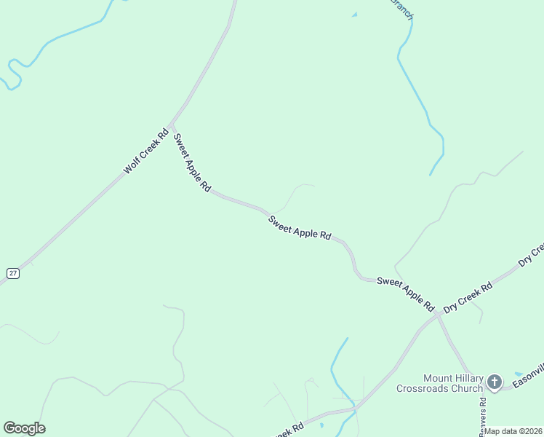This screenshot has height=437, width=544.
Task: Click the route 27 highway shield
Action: pyautogui.click(x=12, y=272)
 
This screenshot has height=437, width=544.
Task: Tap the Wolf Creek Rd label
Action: pyautogui.click(x=145, y=151)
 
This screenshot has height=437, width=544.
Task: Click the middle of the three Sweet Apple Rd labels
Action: pyautogui.click(x=300, y=228)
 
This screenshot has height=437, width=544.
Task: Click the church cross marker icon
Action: pyautogui.click(x=495, y=381)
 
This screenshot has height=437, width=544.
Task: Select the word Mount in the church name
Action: pyautogui.click(x=439, y=378)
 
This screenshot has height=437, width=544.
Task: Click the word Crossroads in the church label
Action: pyautogui.click(x=423, y=388)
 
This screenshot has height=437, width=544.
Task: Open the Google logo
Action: pyautogui.click(x=24, y=428)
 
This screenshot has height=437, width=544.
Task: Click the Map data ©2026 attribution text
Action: pyautogui.click(x=514, y=431)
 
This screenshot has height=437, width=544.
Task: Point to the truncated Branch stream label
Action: pyautogui.click(x=402, y=9)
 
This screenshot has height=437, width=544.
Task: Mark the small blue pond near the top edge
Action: pyautogui.click(x=354, y=14)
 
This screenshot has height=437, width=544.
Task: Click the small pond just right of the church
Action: pyautogui.click(x=517, y=374)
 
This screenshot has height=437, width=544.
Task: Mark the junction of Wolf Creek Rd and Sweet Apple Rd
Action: pyautogui.click(x=171, y=124)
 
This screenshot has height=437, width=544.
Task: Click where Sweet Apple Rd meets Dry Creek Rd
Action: pyautogui.click(x=438, y=314)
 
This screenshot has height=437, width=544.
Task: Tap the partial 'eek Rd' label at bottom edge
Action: pyautogui.click(x=289, y=430)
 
